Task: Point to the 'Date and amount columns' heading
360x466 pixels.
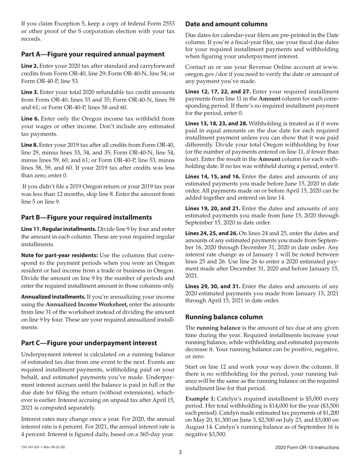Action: [x=226, y=24]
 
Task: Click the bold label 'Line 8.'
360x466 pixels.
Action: [x=29, y=145]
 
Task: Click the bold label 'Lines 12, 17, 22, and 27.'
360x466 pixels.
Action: [x=218, y=92]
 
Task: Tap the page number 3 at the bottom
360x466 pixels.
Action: [x=180, y=452]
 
